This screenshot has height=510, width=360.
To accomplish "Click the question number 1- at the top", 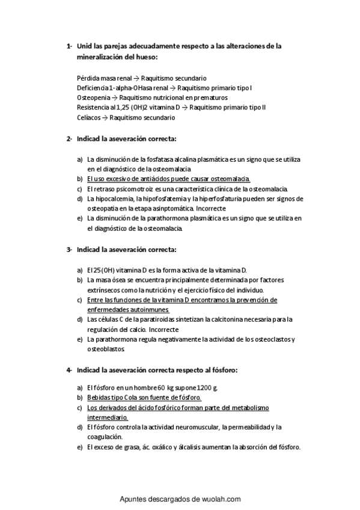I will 69,46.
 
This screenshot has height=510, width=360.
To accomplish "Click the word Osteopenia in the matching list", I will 93,97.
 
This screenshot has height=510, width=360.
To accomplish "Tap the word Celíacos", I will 90,118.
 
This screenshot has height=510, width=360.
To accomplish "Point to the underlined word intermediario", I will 108,417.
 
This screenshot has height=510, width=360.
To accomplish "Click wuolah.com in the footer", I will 221,499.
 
